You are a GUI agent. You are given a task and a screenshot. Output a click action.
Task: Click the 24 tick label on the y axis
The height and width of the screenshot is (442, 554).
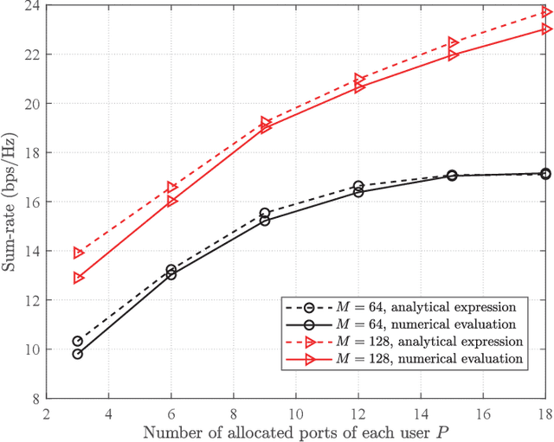tap(30, 5)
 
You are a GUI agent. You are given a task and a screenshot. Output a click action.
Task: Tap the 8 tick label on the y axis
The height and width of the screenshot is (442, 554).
tap(34, 399)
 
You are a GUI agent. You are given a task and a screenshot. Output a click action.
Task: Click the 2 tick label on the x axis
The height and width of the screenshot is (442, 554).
tap(46, 413)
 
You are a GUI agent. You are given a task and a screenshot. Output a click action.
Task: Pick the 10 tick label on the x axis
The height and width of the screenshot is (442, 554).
tap(295, 413)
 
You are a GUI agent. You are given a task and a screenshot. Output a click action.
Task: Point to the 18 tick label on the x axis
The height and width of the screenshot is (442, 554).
tap(544, 413)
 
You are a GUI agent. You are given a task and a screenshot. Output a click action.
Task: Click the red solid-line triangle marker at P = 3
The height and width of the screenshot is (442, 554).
tap(78, 278)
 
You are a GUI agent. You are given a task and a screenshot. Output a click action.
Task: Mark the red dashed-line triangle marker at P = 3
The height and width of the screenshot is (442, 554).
tap(78, 253)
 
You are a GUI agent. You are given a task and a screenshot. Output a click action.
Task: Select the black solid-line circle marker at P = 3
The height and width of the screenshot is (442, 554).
tap(78, 354)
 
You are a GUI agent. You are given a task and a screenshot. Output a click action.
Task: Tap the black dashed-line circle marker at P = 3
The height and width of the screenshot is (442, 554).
tap(78, 341)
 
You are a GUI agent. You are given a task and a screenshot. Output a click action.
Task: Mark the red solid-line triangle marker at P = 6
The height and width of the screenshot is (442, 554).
tap(171, 201)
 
